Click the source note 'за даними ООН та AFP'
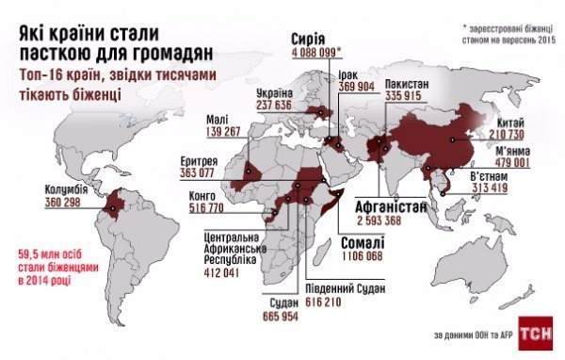tap(472, 335)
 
